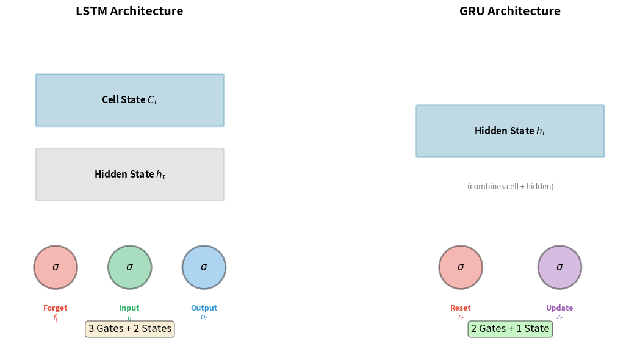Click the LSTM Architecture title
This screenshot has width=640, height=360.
[x=129, y=11]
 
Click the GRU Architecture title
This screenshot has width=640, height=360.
[x=509, y=11]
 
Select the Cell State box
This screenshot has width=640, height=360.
[x=129, y=100]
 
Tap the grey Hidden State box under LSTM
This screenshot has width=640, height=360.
[x=129, y=175]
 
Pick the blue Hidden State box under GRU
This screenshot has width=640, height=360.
[x=510, y=131]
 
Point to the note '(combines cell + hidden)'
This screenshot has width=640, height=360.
[x=510, y=187]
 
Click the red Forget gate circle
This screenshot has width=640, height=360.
[x=56, y=267]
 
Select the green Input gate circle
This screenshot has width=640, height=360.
[x=129, y=267]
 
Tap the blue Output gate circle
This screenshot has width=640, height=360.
[x=204, y=267]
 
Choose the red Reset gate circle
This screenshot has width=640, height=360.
[x=461, y=267]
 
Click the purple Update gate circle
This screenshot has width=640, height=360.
[x=559, y=267]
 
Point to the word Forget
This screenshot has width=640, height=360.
[x=56, y=308]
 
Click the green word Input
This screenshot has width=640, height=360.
[x=129, y=308]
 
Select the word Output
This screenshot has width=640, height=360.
[x=204, y=308]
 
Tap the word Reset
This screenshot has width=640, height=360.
[x=461, y=308]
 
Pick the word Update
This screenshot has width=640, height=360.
[x=559, y=308]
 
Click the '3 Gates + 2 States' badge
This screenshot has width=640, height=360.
[x=129, y=329]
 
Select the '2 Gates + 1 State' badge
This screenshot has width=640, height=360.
[x=510, y=329]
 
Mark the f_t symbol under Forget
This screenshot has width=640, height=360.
[x=56, y=318]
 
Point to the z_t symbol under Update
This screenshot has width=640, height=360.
[x=559, y=317]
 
